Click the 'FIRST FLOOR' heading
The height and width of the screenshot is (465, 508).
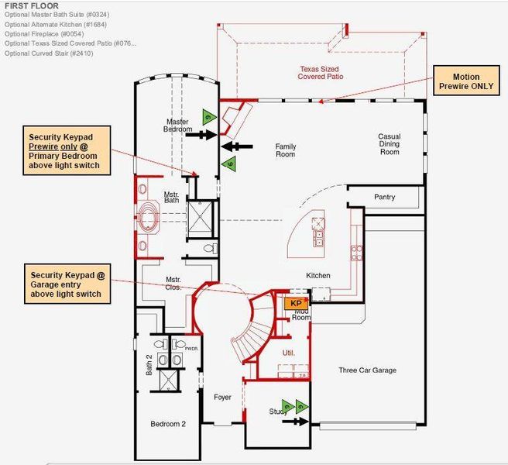(x=31, y=5)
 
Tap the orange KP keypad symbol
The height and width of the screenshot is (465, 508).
(x=295, y=304)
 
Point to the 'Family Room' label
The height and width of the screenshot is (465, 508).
(x=286, y=150)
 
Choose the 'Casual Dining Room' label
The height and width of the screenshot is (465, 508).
(x=389, y=144)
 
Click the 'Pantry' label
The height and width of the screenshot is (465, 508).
(x=384, y=198)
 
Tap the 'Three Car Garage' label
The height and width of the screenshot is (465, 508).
(x=367, y=370)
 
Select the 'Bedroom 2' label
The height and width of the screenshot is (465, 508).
(x=168, y=423)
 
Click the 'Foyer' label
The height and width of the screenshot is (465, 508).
(x=222, y=398)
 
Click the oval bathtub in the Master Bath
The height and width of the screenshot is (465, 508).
(x=147, y=219)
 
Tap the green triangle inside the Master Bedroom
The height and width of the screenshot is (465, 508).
(x=208, y=117)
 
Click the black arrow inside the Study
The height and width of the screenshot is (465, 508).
(x=294, y=422)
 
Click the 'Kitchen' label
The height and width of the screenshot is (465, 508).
(x=318, y=276)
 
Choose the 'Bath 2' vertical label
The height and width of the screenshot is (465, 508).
(x=149, y=363)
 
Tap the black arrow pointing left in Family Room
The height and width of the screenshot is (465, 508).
(x=235, y=146)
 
